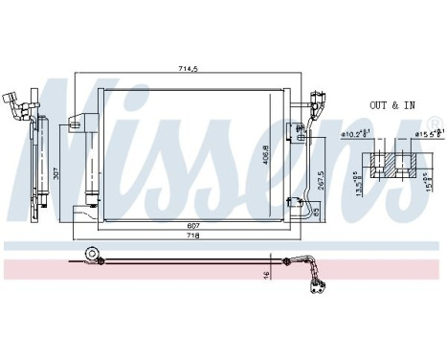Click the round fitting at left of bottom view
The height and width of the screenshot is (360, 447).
[93, 257]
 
